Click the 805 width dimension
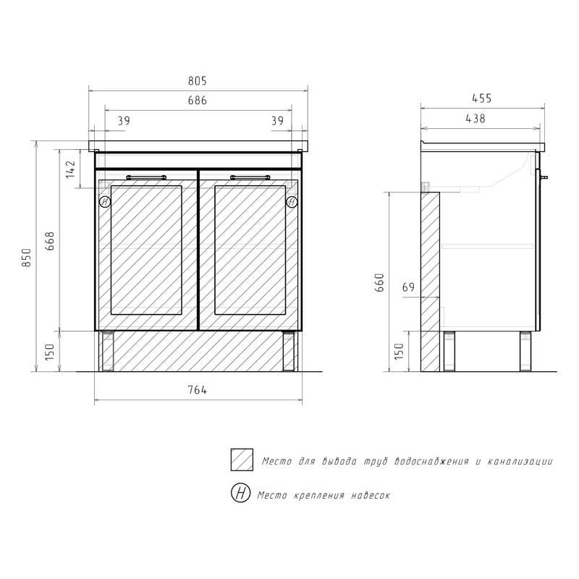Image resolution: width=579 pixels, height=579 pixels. click(197, 81)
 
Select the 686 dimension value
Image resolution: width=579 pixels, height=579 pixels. click(197, 101)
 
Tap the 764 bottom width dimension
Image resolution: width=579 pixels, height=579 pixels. click(197, 390)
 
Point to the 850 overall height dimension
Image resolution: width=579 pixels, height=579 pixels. click(26, 258)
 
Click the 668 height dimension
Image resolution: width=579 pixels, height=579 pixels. click(49, 241)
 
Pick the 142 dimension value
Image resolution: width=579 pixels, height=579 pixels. click(70, 169)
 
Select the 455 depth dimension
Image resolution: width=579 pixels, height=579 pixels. click(481, 98)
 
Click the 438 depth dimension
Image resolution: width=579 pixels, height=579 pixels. click(476, 119)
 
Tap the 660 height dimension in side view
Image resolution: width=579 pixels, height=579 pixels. click(379, 282)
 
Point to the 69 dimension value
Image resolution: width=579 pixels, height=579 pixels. click(408, 287)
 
